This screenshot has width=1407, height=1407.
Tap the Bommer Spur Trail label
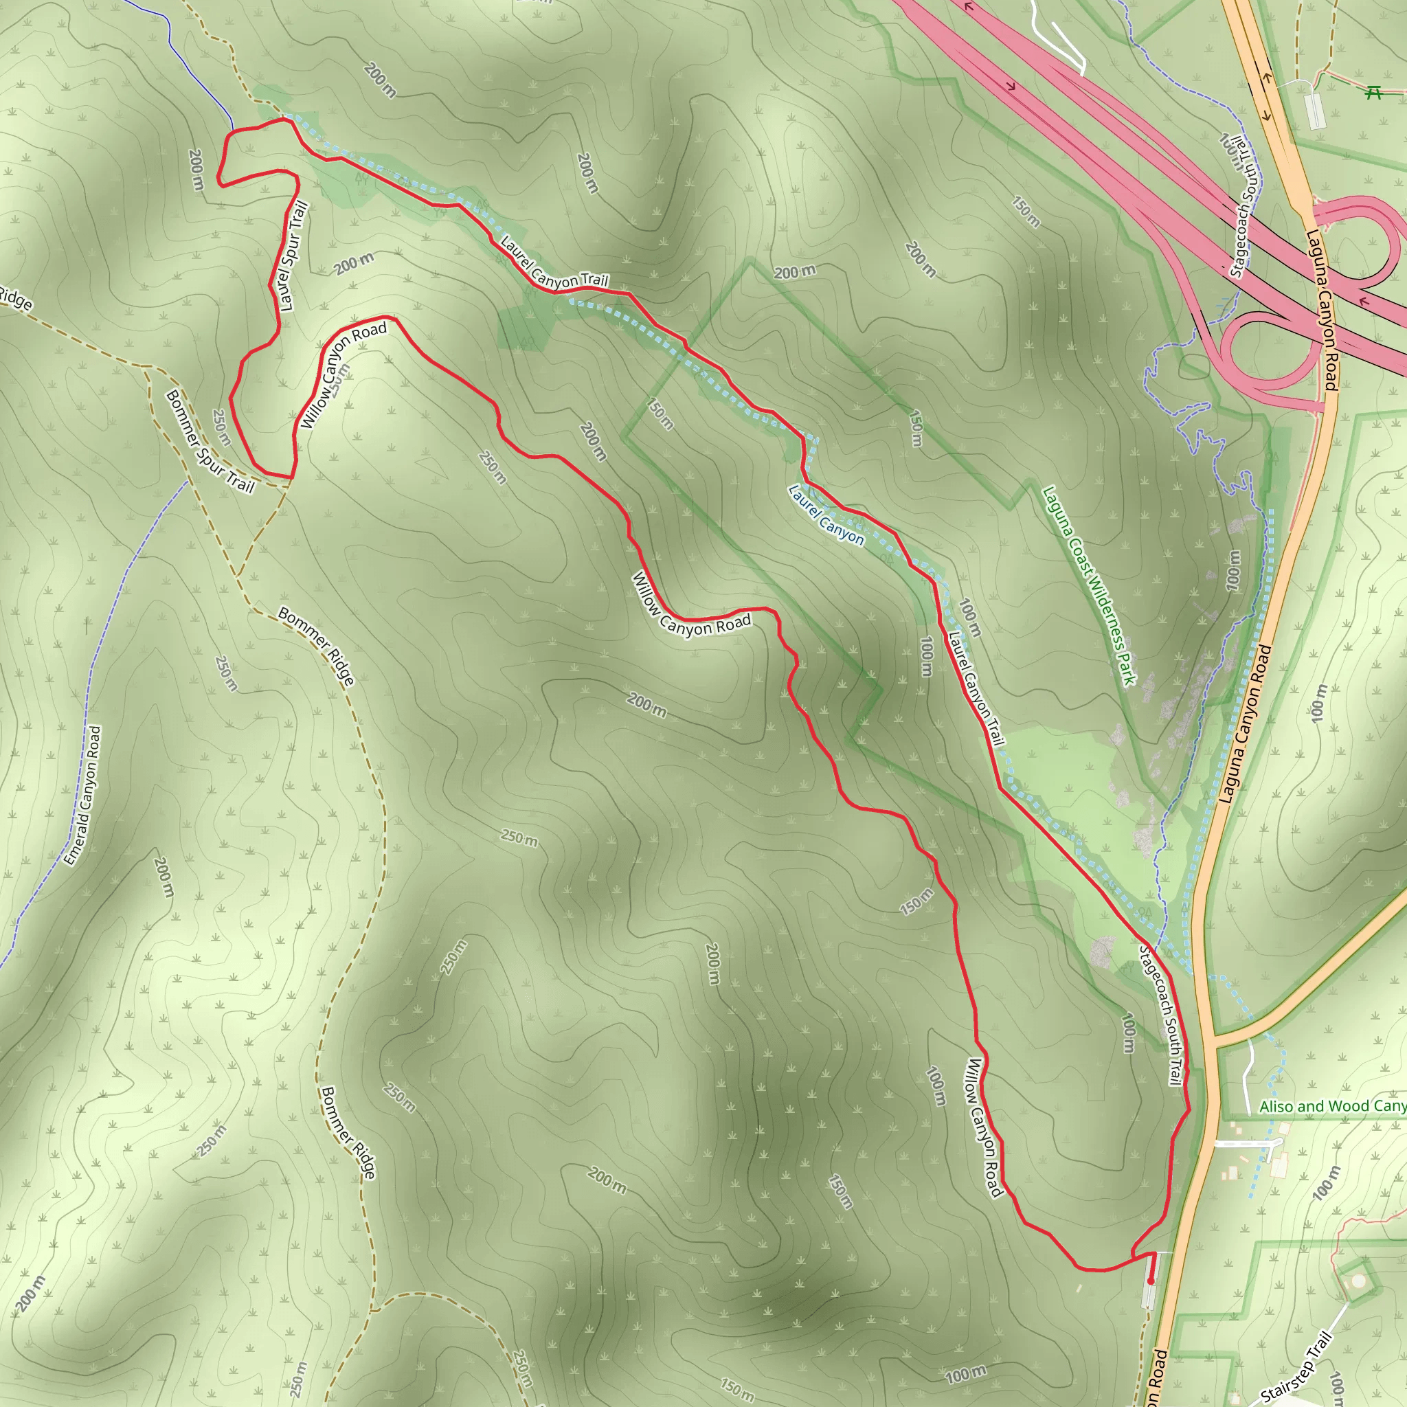(x=210, y=442)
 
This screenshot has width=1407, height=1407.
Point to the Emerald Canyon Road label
(x=82, y=796)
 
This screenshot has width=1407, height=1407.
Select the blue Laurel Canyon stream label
(x=826, y=516)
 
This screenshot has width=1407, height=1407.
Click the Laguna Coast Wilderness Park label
(x=1089, y=585)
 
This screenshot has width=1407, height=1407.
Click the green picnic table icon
(x=1374, y=92)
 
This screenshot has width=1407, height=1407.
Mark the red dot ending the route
(x=1151, y=1281)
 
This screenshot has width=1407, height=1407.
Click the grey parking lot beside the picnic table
(x=1314, y=110)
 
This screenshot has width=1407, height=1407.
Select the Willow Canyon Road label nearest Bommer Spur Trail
(x=342, y=376)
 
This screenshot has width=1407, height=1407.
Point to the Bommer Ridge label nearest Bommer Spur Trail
(x=317, y=647)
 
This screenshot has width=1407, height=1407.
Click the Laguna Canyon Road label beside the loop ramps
(x=1322, y=311)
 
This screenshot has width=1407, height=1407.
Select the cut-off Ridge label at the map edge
(x=14, y=298)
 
